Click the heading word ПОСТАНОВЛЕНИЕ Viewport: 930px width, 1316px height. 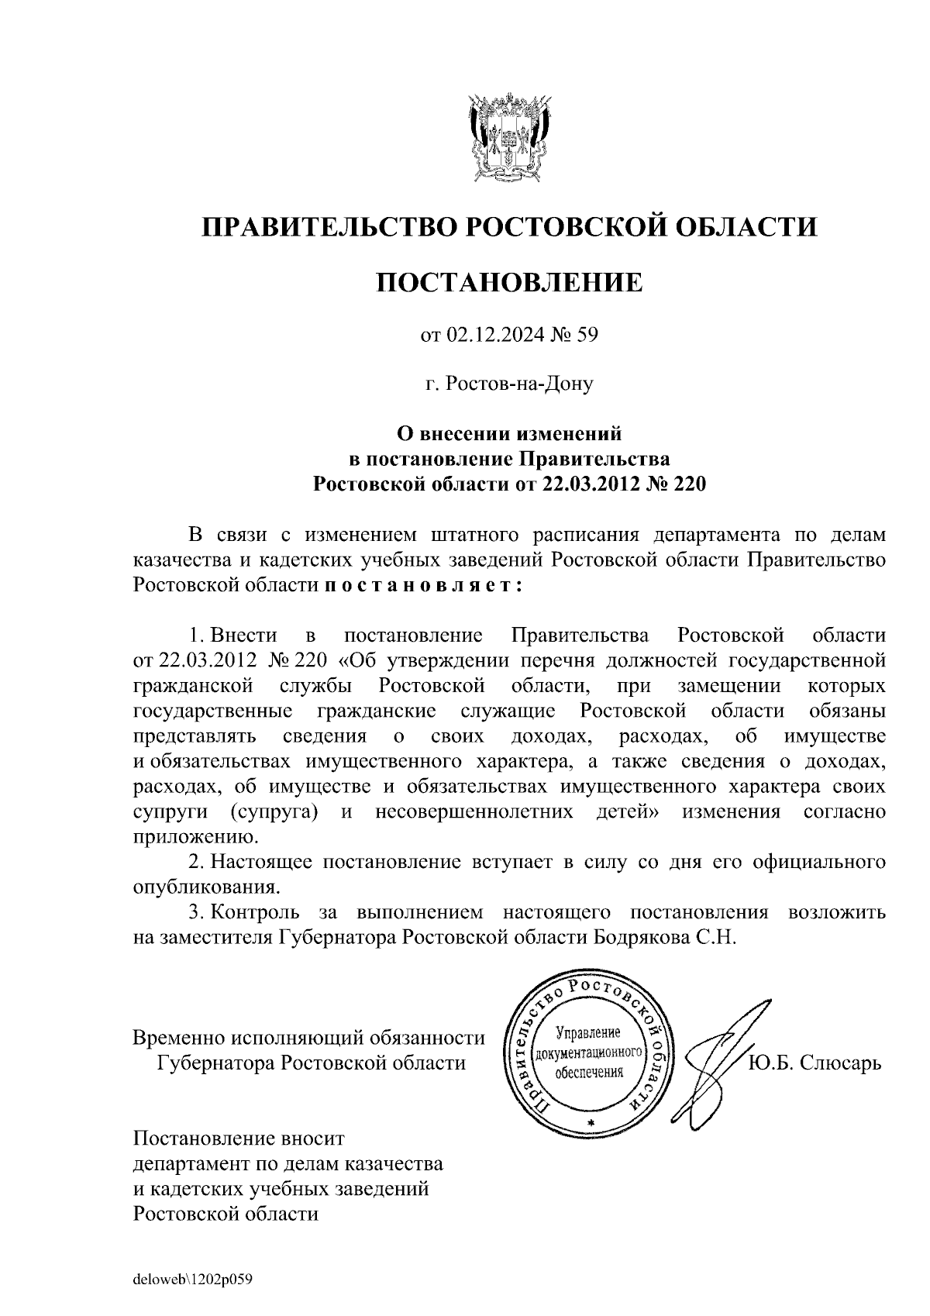coord(509,282)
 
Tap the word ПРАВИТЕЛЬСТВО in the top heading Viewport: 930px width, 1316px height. coord(324,227)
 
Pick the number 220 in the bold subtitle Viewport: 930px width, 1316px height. coord(687,484)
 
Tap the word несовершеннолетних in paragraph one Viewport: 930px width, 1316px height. coord(474,812)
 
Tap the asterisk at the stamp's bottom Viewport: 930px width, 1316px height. coord(591,1123)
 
